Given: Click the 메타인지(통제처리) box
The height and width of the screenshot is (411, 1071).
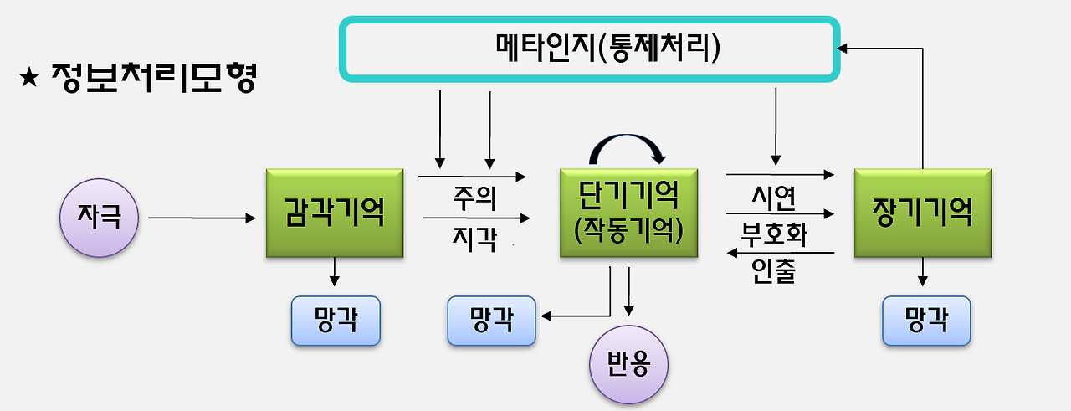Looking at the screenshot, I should click(589, 49).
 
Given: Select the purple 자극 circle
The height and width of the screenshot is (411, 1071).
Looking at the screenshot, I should click(99, 218).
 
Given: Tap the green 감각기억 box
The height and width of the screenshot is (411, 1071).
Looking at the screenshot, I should click(335, 213).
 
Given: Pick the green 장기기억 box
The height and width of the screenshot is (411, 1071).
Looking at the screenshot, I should click(923, 213).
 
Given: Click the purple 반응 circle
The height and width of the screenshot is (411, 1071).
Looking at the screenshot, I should click(630, 364).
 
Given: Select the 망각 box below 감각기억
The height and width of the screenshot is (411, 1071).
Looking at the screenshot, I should click(336, 321).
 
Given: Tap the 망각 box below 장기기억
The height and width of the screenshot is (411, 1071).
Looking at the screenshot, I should click(926, 321).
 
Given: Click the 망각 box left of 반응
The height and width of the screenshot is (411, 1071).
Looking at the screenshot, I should click(492, 321).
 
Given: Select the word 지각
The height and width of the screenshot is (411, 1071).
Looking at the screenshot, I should click(474, 240).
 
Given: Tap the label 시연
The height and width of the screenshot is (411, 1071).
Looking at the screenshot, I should click(773, 198).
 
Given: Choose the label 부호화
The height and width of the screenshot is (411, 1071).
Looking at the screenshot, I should click(773, 234).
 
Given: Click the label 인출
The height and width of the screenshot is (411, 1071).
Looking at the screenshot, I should click(773, 271).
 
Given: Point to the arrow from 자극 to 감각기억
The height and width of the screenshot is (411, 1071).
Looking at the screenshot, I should click(201, 218).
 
